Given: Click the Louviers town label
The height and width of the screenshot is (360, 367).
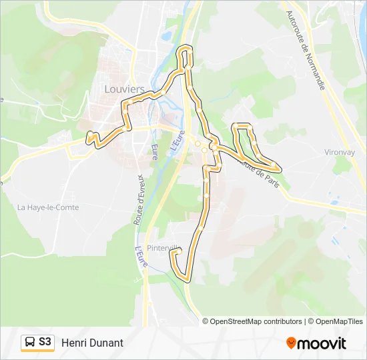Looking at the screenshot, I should click(x=124, y=89).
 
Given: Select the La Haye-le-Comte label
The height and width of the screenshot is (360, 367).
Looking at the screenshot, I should click(x=48, y=207).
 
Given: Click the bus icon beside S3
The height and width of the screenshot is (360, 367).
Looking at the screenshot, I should click(x=30, y=343).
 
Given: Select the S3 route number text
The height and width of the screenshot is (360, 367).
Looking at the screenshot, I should click(x=45, y=343).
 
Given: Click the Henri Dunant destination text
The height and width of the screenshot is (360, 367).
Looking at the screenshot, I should click(x=92, y=343).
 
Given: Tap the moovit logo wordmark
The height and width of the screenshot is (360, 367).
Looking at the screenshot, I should click(x=322, y=343).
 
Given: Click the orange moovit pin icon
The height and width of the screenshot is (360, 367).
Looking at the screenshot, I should click(x=291, y=343).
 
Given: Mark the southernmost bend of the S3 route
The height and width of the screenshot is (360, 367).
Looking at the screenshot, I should click(x=187, y=279).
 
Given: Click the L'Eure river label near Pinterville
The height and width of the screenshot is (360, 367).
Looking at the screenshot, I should click(x=140, y=256).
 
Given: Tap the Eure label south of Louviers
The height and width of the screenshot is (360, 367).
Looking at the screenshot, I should click(x=155, y=151).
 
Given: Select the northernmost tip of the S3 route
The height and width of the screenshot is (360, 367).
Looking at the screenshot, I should click(x=186, y=47).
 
